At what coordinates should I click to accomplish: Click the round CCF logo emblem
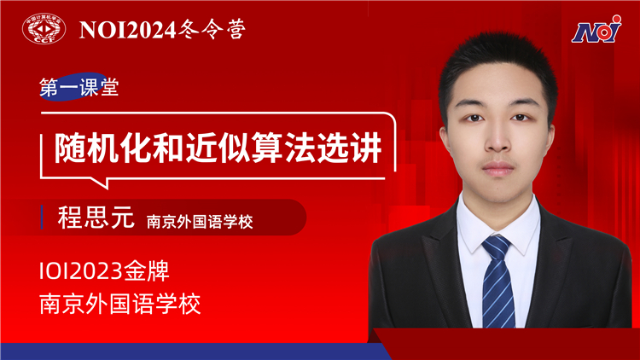pyautogui.click(x=44, y=28)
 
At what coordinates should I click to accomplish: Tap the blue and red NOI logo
pyautogui.click(x=596, y=29)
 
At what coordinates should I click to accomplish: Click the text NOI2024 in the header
pyautogui.click(x=128, y=30)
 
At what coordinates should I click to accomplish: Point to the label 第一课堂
pyautogui.click(x=79, y=87)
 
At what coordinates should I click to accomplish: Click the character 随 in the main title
pyautogui.click(x=70, y=148)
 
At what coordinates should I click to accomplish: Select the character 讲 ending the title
pyautogui.click(x=366, y=148)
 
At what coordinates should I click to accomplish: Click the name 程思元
pyautogui.click(x=96, y=218)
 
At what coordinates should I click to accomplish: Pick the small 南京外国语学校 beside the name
pyautogui.click(x=200, y=222)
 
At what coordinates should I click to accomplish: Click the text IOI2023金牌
pyautogui.click(x=104, y=270)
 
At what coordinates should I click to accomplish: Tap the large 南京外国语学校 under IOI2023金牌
pyautogui.click(x=120, y=304)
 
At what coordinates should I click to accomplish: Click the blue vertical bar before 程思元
pyautogui.click(x=42, y=218)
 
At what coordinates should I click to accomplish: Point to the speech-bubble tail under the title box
pyautogui.click(x=102, y=183)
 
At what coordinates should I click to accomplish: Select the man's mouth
pyautogui.click(x=498, y=168)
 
